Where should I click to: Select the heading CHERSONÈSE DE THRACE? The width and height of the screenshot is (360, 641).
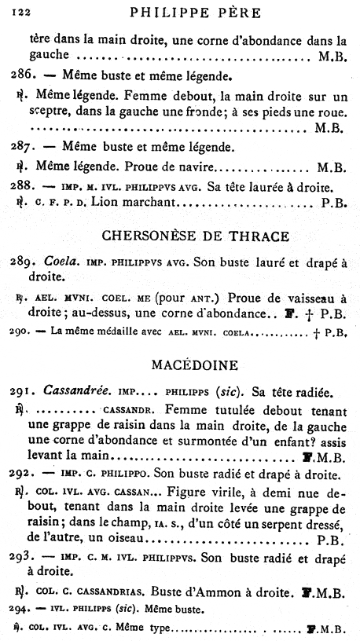pos(182,236)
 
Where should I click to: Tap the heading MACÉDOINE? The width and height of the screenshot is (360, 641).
pos(183,364)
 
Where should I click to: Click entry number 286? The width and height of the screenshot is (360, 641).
pos(24,76)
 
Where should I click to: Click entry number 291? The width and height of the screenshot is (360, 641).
pos(24,390)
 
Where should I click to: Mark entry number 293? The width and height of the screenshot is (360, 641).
pos(24,561)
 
